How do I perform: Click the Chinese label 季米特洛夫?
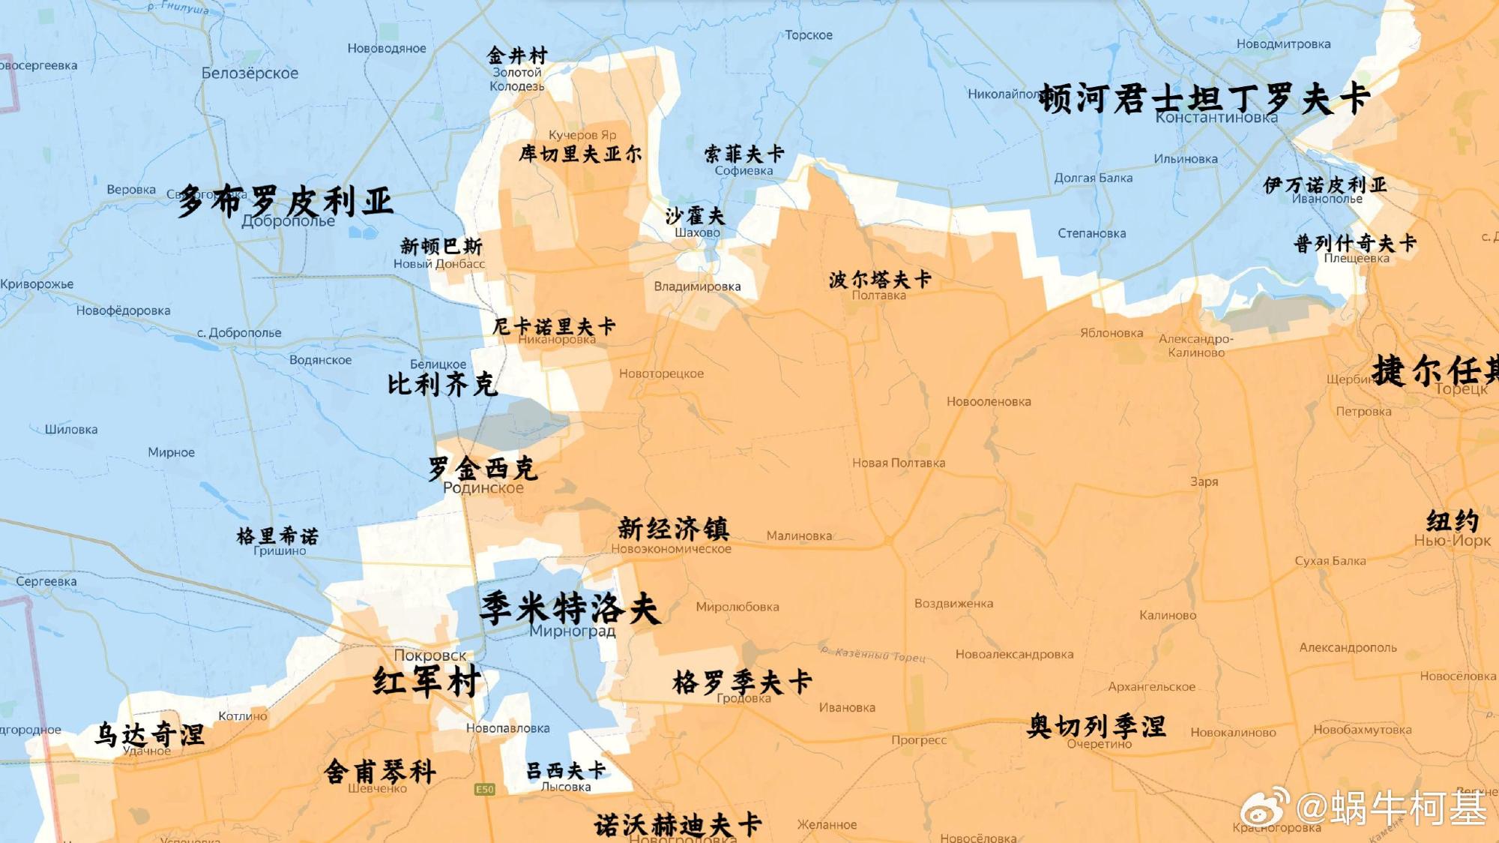[x=570, y=607]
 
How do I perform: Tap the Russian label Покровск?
[x=429, y=655]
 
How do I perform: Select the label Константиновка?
[x=1216, y=118]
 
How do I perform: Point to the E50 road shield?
[x=485, y=789]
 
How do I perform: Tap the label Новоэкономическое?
[x=671, y=549]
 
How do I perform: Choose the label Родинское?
[x=483, y=488]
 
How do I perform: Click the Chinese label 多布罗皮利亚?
[x=285, y=201]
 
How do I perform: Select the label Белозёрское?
[x=250, y=73]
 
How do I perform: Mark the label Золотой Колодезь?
[x=517, y=79]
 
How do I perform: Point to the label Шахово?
[x=697, y=233]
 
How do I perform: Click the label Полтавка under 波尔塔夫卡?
[x=878, y=295]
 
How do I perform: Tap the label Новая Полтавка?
[x=898, y=463]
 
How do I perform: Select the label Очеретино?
[x=1099, y=744]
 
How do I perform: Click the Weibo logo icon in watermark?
[x=1264, y=808]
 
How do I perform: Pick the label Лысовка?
[x=566, y=787]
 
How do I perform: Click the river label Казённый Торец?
[x=873, y=655]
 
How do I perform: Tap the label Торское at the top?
[x=809, y=35]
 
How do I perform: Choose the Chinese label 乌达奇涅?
[x=150, y=733]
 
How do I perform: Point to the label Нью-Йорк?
[x=1452, y=541]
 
